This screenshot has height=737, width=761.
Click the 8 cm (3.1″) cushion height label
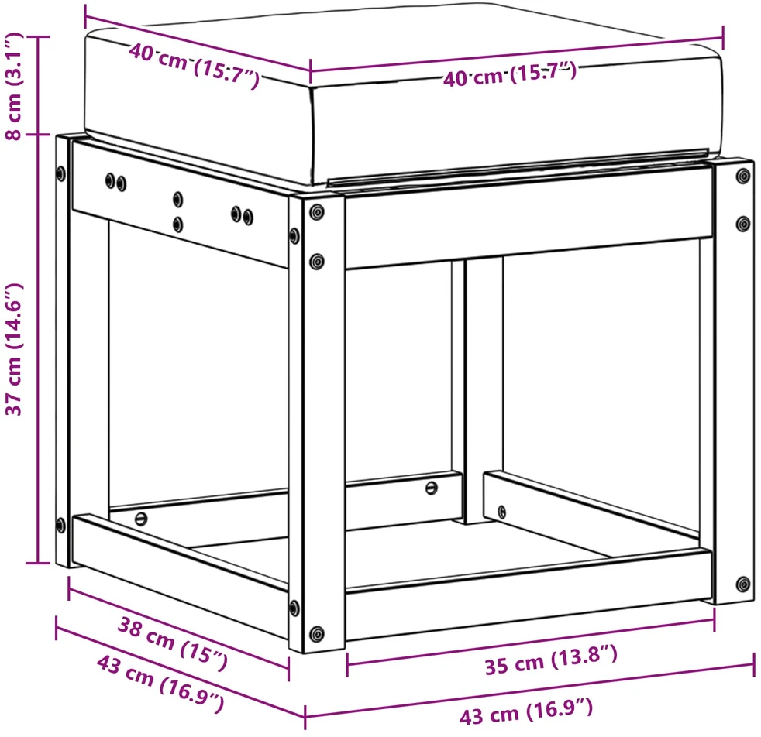15,86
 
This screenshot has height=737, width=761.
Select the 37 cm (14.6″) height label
15,349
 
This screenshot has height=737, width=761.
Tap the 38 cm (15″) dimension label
172,643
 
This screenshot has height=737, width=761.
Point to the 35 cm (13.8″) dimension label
551,660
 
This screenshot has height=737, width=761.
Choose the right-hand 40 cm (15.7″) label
510,74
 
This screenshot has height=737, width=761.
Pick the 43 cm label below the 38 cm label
160,684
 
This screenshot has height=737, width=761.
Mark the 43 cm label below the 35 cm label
526,711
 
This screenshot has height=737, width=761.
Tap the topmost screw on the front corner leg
317,212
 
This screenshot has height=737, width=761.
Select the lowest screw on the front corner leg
317,633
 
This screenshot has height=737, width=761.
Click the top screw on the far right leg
743,176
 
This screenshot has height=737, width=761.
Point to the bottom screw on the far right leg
743,584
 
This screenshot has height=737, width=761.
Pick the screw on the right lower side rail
502,512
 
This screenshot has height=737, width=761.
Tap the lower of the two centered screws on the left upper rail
178,224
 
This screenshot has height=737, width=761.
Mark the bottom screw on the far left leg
60,525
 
